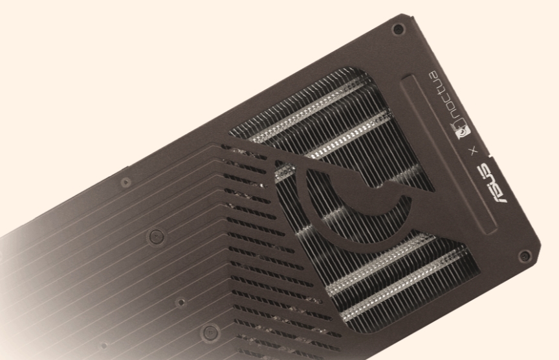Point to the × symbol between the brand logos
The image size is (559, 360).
474,150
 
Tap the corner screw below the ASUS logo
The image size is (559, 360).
524,255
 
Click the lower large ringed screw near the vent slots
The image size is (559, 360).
209,333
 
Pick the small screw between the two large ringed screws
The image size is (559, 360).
181,302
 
